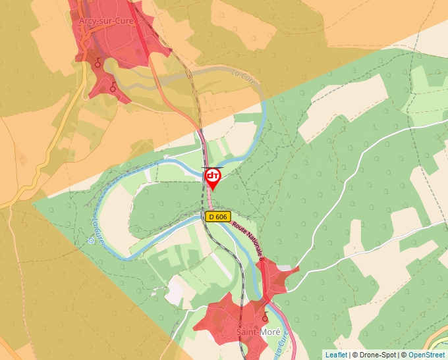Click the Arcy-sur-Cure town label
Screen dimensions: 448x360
[x=106, y=21]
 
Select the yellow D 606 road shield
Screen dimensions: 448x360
[x=217, y=217]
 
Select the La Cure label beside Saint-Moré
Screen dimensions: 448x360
[x=281, y=342]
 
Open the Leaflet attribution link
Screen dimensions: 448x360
[x=336, y=355]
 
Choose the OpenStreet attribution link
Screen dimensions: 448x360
[x=428, y=355]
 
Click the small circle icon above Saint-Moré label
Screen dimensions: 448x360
[x=265, y=318]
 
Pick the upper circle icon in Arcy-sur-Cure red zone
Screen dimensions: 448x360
[x=98, y=63]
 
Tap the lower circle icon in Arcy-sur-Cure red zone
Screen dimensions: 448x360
[x=113, y=87]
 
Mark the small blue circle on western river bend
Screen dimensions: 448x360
[x=90, y=240]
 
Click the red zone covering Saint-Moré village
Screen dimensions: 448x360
[x=224, y=316]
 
